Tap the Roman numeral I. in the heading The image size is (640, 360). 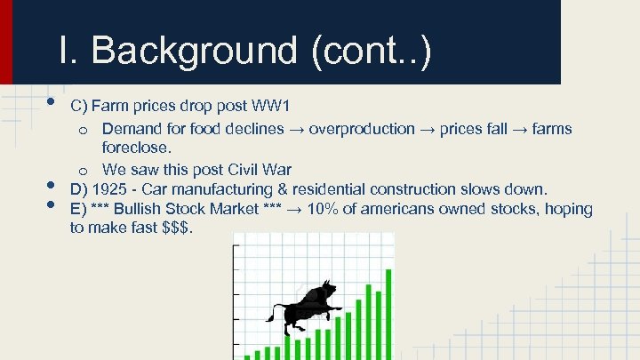pyautogui.click(x=68, y=51)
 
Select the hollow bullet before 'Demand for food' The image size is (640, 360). pyautogui.click(x=82, y=130)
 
